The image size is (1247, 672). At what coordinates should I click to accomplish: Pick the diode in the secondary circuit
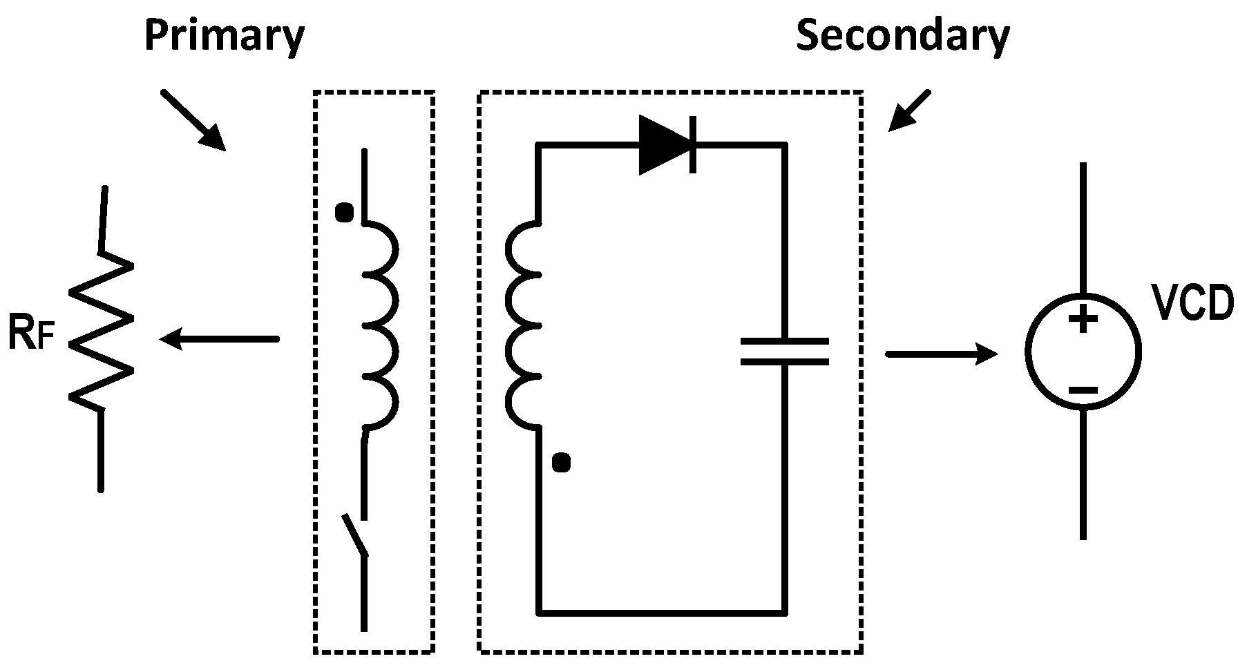(666, 145)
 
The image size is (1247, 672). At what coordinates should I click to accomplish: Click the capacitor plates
(784, 352)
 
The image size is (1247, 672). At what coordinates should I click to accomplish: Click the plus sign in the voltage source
(1083, 319)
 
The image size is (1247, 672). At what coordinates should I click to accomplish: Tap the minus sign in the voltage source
(1083, 391)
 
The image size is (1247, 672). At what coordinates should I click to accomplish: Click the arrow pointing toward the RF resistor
(218, 339)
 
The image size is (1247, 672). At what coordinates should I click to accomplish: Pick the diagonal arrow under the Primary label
(193, 119)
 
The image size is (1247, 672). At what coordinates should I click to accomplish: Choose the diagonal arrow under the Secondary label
(910, 111)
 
